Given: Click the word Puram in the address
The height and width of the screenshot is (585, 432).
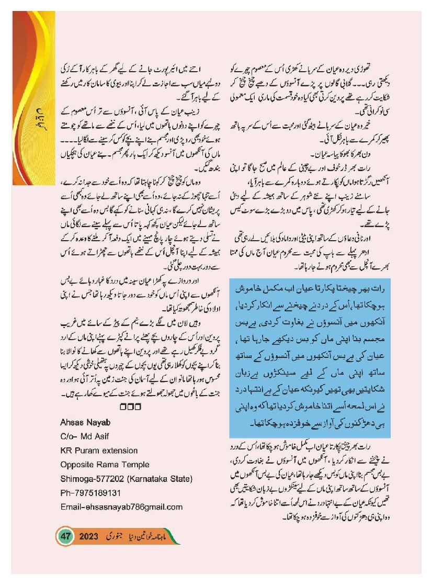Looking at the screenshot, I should (88, 450).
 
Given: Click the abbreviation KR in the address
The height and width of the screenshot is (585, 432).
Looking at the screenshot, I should (66, 450).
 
